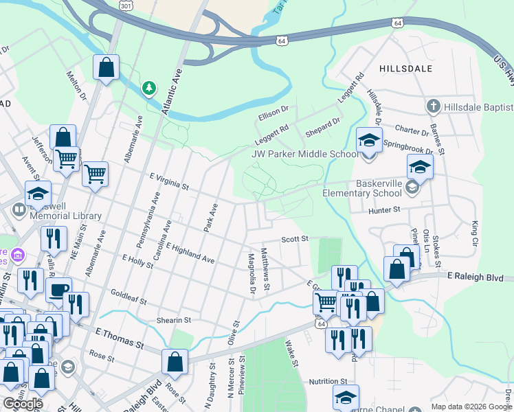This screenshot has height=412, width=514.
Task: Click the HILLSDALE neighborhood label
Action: pos(405,69)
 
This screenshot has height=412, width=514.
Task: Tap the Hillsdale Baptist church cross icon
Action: pos(433,106)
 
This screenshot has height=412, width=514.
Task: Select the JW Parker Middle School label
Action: pos(304,154)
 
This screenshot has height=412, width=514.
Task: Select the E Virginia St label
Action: pos(169,181)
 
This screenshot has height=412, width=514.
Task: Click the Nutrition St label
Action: pos(328,381)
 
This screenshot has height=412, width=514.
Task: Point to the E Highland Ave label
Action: pos(190,253)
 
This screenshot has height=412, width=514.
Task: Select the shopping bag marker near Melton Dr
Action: pos(106,68)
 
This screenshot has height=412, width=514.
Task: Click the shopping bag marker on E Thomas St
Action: pos(175,362)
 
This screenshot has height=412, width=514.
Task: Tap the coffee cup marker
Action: pos(58,290)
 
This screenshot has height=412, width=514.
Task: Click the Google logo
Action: pos(23,404)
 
